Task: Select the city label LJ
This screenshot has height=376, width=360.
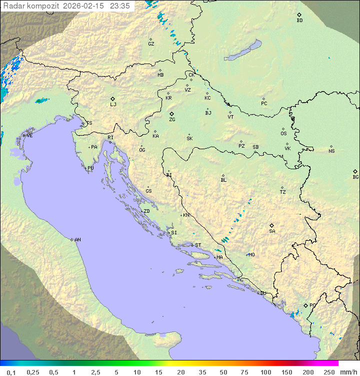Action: pos(113,105)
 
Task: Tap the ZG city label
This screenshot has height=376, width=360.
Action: pos(172,120)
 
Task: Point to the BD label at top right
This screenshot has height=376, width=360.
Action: pos(299,21)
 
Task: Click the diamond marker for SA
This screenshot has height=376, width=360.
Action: pos(272,225)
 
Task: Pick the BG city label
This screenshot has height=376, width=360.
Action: pos(355,177)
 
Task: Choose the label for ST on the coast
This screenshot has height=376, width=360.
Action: pos(198,245)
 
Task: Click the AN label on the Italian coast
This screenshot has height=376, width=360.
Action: pos(77,240)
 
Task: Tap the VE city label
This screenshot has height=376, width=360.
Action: pos(29,136)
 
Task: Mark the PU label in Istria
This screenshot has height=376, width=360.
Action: pos(90,168)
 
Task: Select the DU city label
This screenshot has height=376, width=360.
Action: pos(263,293)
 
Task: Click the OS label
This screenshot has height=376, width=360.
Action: pos(283,134)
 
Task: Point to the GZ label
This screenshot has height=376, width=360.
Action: pos(151,44)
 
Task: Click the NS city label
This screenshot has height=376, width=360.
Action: pos(331,151)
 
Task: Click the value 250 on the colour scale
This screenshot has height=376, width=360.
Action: pos(328,372)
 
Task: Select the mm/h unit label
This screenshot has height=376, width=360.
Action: pos(347,372)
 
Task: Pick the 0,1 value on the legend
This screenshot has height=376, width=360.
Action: pos(11,372)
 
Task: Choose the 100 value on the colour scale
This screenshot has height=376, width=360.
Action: pos(265,372)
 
